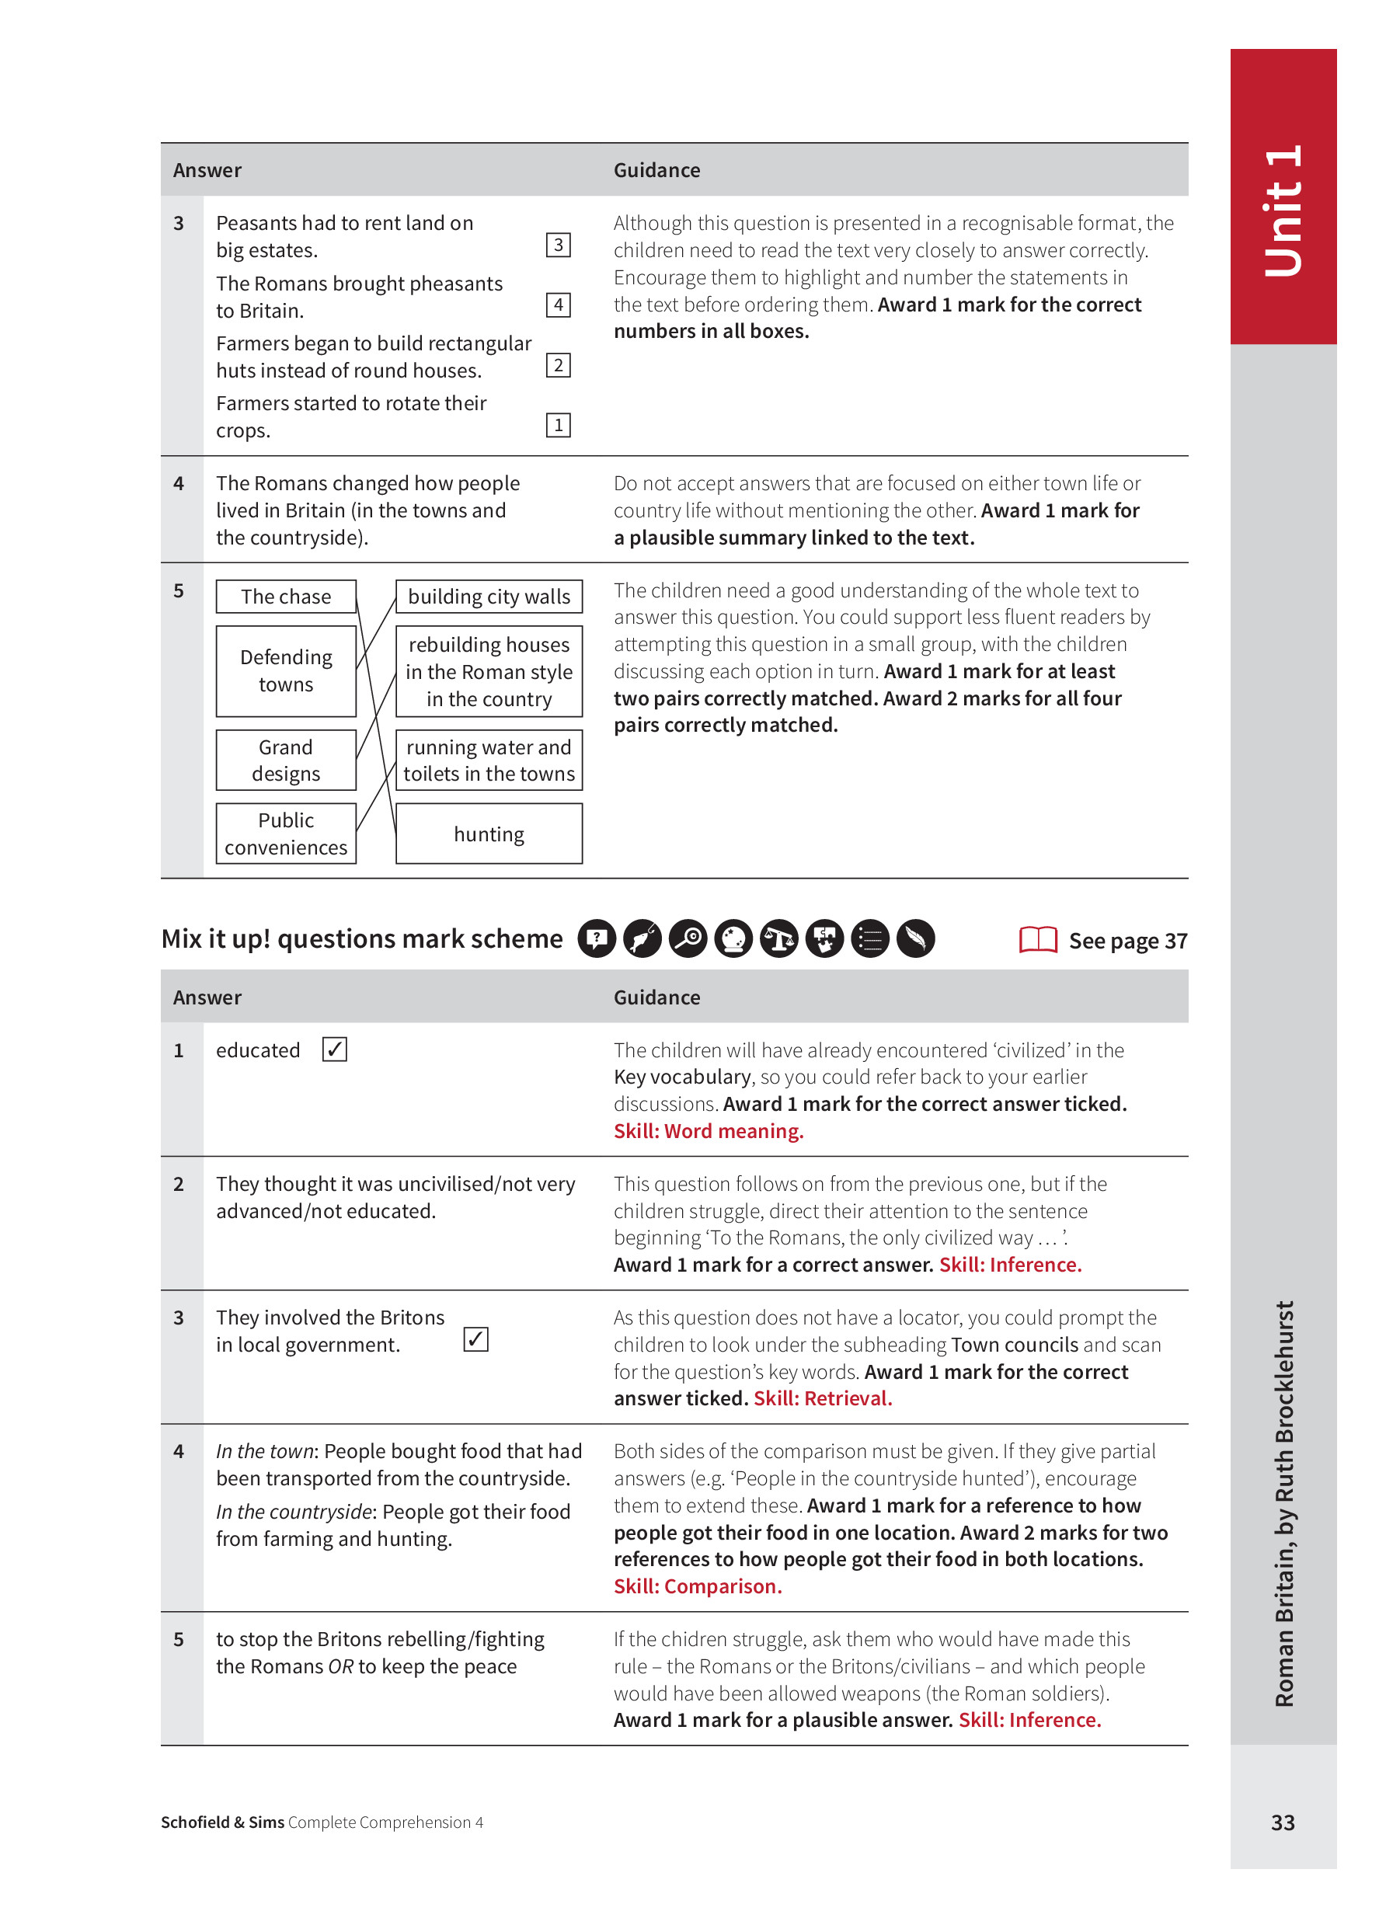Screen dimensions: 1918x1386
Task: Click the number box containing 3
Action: tap(558, 245)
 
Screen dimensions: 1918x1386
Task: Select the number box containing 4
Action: tap(558, 305)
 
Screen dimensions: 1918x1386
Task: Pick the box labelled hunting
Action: tap(489, 834)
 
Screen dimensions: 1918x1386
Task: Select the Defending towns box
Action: tap(286, 670)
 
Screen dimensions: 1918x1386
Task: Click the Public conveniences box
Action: tap(286, 834)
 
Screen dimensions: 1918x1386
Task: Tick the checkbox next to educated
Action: tap(335, 1050)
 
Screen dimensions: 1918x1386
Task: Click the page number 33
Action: tap(1282, 1822)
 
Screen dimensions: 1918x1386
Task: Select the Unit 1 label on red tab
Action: tap(1283, 211)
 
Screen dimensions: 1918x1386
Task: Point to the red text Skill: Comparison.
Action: tap(698, 1586)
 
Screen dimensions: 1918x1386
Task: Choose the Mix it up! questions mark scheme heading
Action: tap(362, 938)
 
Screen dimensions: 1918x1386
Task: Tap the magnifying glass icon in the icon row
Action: tap(688, 938)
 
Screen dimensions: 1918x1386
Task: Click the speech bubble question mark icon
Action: tap(597, 938)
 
